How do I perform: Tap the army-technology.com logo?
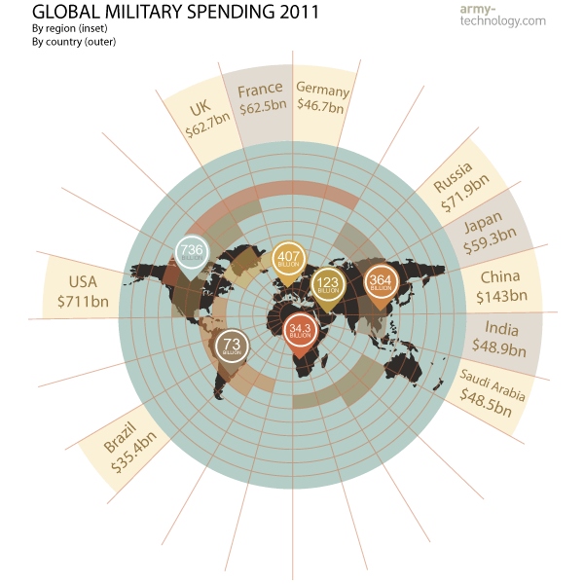[514, 14]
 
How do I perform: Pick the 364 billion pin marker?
[379, 282]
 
